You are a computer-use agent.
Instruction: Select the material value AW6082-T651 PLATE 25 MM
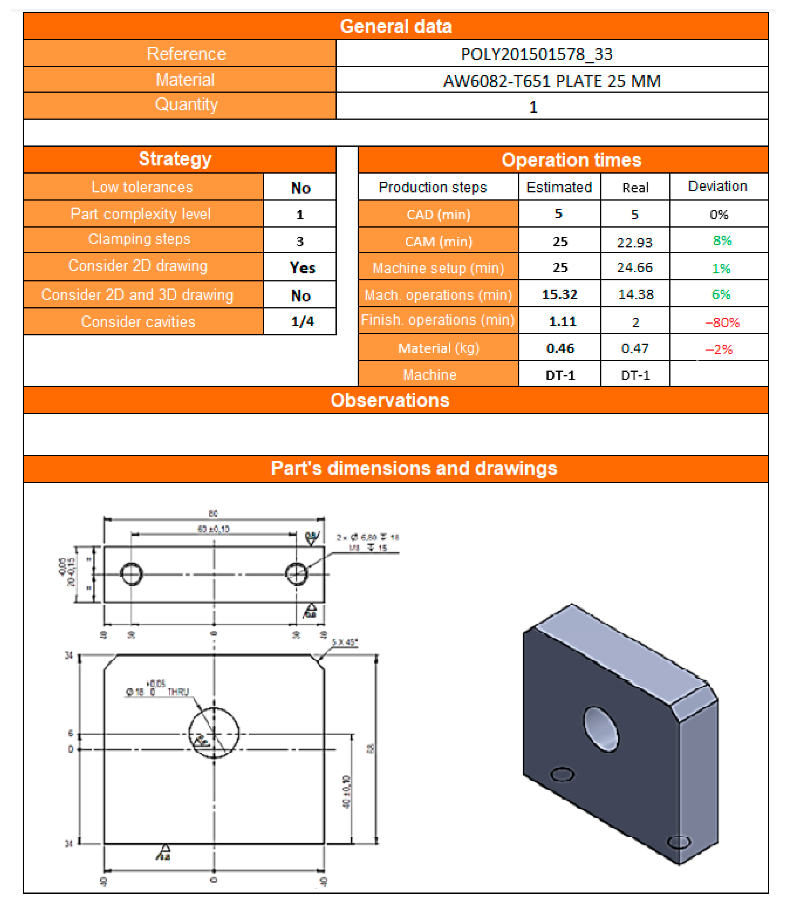pyautogui.click(x=552, y=81)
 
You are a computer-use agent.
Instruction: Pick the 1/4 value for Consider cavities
pyautogui.click(x=302, y=322)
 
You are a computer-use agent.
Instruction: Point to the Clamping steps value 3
pyautogui.click(x=300, y=241)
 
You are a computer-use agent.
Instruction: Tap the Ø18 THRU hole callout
pyautogui.click(x=158, y=692)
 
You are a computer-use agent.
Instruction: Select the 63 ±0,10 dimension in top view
pyautogui.click(x=213, y=529)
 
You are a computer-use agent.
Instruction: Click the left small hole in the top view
pyautogui.click(x=131, y=574)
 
